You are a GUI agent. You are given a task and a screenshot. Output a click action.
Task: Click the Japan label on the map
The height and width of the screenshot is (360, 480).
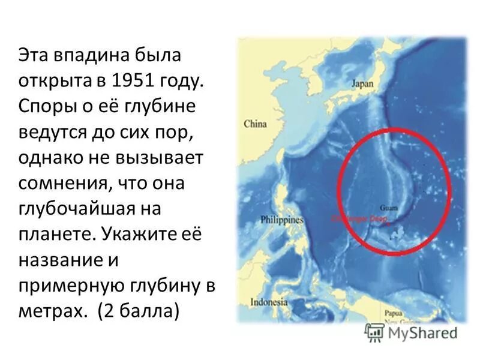[362, 84]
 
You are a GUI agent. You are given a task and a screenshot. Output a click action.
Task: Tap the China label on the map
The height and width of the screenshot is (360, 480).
[255, 124]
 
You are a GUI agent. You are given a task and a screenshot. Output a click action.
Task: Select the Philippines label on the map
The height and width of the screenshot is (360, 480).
[281, 220]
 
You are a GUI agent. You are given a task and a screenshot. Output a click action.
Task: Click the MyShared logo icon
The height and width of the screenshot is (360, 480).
[375, 331]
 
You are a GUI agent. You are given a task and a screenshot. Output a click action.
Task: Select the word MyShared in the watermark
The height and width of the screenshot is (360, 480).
[422, 332]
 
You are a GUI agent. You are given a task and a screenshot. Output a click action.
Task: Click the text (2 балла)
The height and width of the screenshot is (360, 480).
[137, 311]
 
